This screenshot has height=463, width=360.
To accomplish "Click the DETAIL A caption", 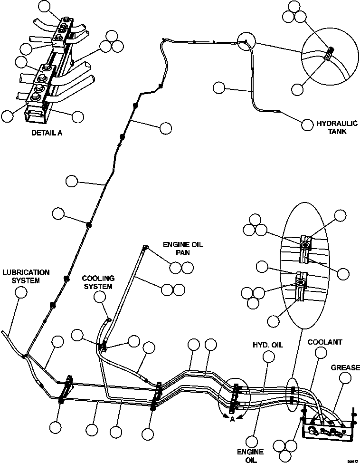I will click(47, 133).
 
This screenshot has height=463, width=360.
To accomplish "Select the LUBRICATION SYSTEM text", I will click(26, 276).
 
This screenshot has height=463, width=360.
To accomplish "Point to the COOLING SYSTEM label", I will click(97, 282).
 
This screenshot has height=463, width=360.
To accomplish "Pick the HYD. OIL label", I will click(267, 345).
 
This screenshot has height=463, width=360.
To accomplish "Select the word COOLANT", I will click(325, 342).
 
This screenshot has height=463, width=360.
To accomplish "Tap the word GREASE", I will click(345, 367).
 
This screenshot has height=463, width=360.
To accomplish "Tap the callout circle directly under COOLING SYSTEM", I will click(100, 297).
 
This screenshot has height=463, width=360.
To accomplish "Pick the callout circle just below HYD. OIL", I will click(270, 357).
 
